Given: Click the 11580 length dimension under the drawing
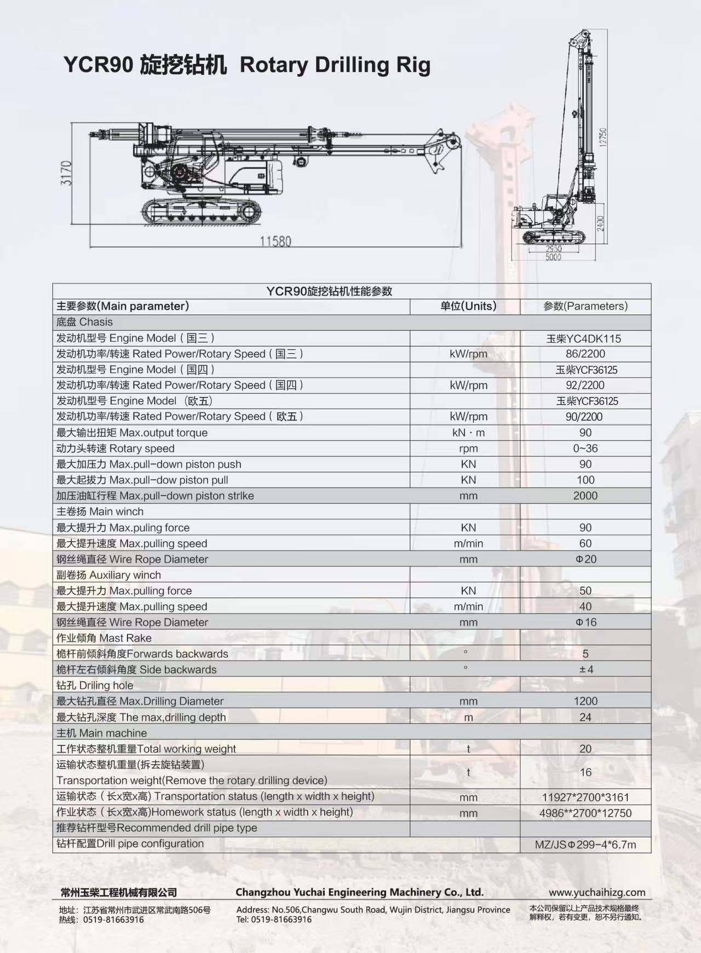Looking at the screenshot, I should click(275, 241).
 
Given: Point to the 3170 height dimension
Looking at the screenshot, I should click(66, 173).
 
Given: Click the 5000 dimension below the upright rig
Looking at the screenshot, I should click(553, 257).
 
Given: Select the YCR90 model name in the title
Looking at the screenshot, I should click(98, 65).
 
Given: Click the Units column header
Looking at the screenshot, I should click(468, 306).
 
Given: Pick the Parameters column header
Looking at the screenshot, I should click(585, 306).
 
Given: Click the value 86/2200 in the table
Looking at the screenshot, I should click(585, 354).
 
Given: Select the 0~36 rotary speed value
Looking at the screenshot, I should click(585, 449).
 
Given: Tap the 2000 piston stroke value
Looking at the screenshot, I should click(585, 496).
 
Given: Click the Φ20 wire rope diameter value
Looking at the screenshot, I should click(585, 559).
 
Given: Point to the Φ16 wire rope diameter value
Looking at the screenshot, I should click(585, 622).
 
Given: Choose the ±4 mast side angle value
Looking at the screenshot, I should click(586, 669).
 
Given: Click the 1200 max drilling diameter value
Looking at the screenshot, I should click(585, 701).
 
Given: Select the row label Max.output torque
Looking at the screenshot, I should click(163, 433).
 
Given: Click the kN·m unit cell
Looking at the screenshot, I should click(468, 433).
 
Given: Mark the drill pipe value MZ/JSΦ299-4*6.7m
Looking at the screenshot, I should click(585, 845).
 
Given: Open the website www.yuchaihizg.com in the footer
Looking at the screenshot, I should click(597, 892).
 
